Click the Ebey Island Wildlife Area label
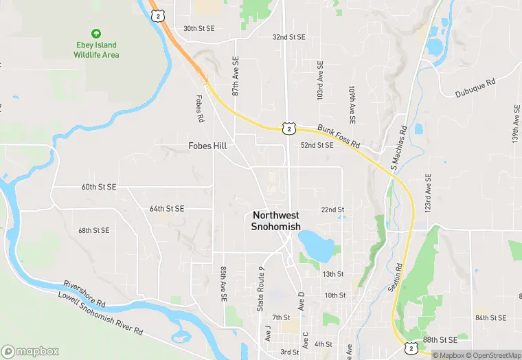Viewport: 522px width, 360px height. click(96, 50)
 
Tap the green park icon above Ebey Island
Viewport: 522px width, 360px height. click(96, 33)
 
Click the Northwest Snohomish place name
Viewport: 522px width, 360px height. click(276, 221)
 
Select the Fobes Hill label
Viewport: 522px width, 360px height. click(207, 146)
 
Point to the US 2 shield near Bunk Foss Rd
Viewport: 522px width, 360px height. click(288, 128)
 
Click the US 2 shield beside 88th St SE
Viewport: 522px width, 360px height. click(410, 348)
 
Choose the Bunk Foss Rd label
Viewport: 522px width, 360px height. click(339, 136)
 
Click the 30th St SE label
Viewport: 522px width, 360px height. click(199, 29)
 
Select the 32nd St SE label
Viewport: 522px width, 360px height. click(288, 36)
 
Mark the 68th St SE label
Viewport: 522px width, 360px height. click(93, 230)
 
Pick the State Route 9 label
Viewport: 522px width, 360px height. click(261, 289)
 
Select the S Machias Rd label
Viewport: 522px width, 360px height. click(398, 148)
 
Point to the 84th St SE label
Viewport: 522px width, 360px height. click(491, 317)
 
